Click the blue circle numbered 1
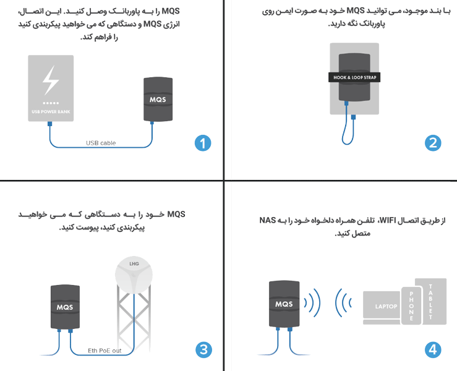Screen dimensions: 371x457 click(x=202, y=143)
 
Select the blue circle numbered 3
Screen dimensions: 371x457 click(x=202, y=349)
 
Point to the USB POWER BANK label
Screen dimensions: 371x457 click(x=51, y=112)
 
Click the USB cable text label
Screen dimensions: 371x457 click(x=100, y=143)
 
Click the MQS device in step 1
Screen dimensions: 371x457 click(x=157, y=99)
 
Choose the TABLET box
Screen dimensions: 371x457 click(x=431, y=303)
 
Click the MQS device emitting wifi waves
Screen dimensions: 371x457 click(x=284, y=304)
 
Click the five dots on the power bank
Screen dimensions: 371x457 click(x=51, y=103)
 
